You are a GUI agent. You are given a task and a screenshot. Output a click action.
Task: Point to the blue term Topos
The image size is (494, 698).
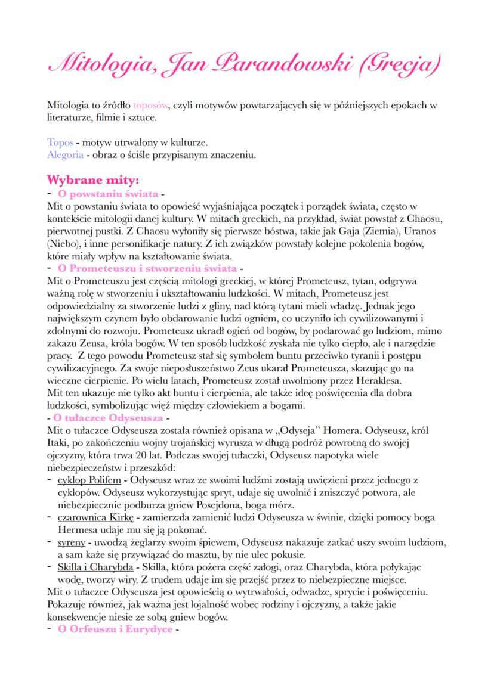[x=60, y=144]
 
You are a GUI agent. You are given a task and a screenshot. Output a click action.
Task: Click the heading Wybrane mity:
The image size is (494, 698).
[x=93, y=180]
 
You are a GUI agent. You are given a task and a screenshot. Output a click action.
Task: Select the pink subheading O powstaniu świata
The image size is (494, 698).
[x=107, y=194]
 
